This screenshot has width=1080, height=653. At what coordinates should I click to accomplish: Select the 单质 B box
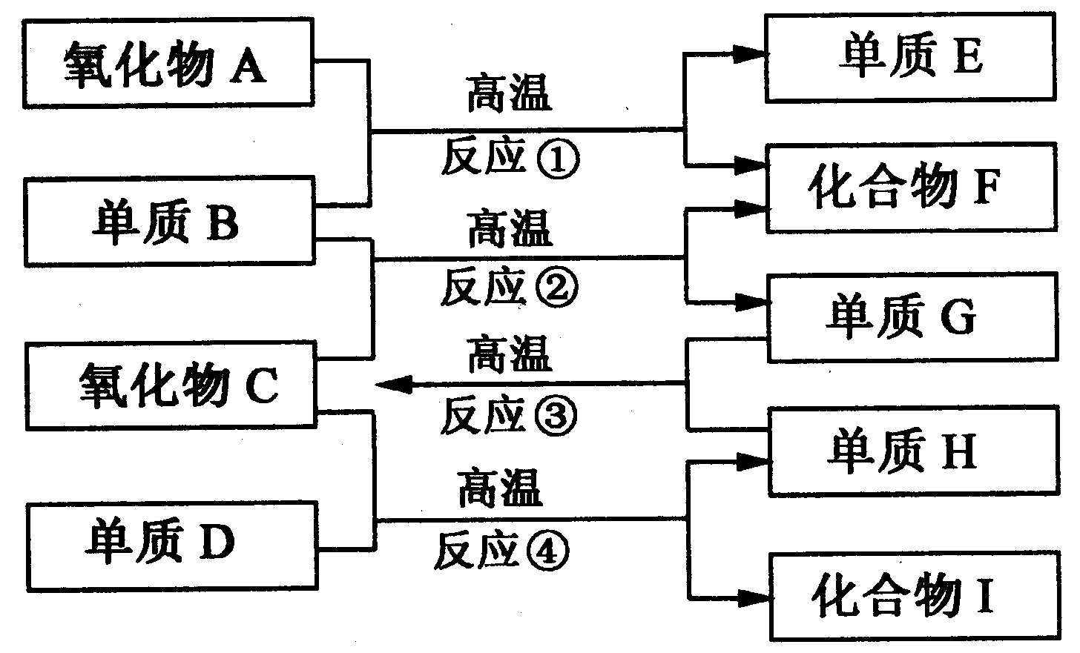[168, 221]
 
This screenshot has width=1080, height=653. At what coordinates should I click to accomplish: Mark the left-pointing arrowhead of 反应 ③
[393, 383]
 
